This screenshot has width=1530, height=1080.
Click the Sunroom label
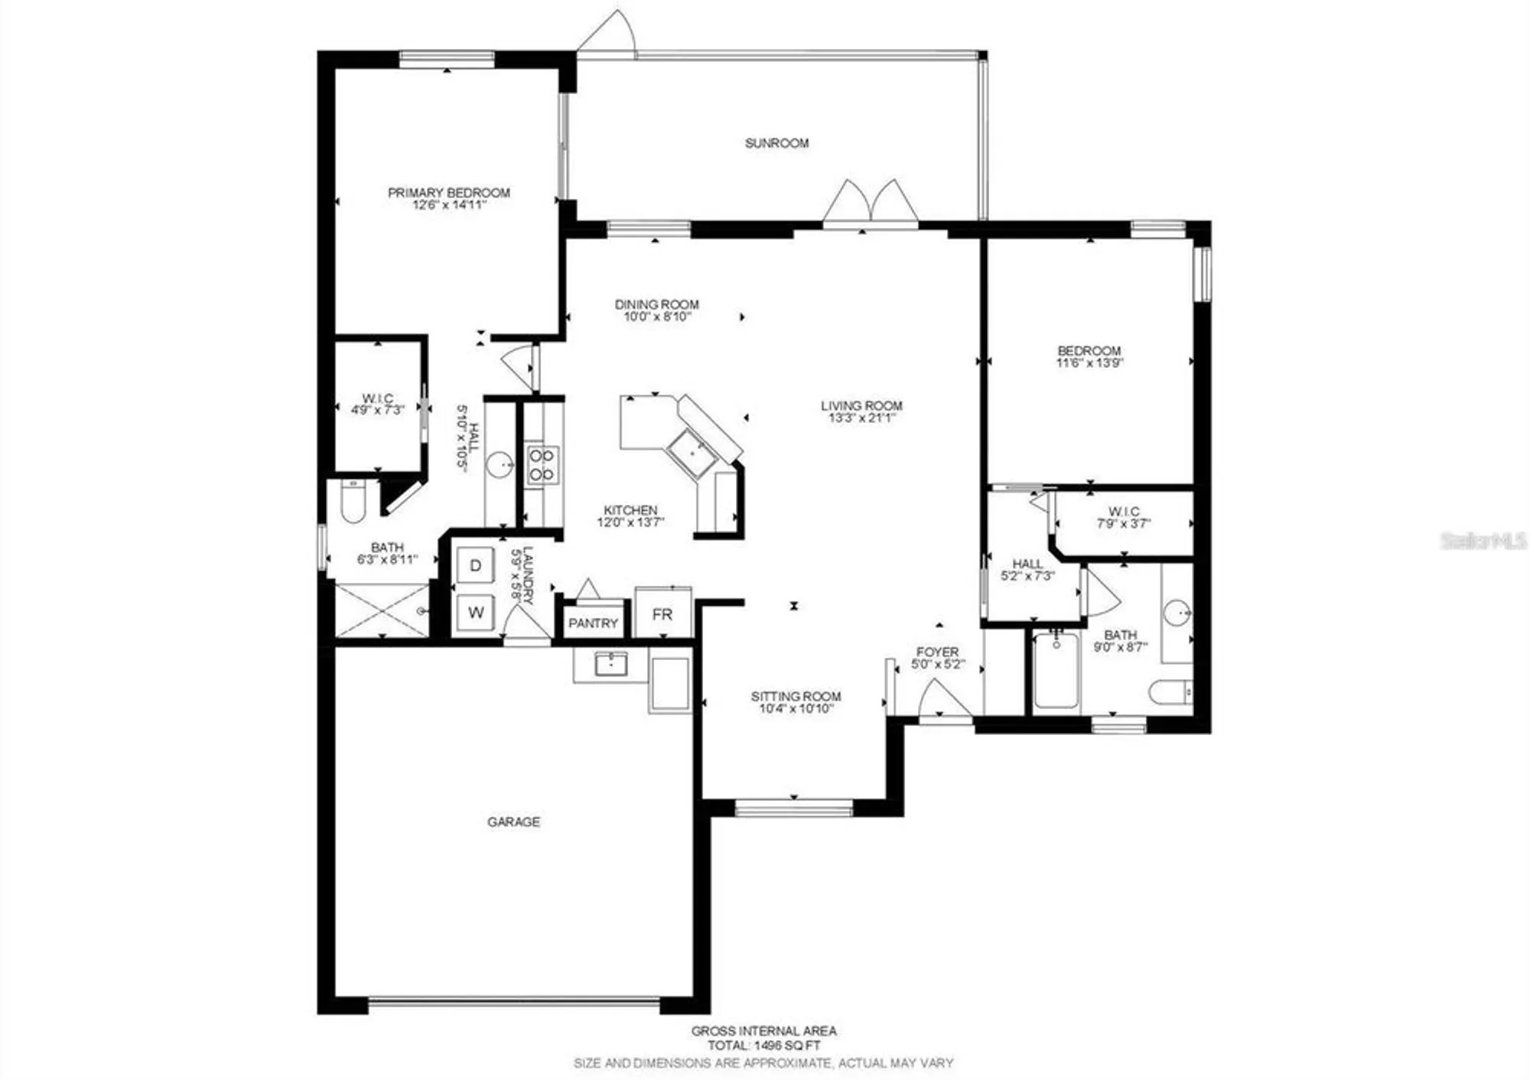[776, 143]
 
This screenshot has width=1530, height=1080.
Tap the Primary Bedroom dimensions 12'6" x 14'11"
[449, 205]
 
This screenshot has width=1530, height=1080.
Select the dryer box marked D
[475, 566]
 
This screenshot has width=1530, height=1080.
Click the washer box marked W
[476, 612]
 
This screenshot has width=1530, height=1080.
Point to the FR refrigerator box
[662, 614]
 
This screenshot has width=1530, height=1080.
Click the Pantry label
[593, 623]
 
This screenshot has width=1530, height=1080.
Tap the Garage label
[513, 821]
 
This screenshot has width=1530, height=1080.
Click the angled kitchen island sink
[692, 453]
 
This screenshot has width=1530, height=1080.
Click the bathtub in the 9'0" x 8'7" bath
[1056, 671]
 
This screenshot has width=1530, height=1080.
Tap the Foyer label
[937, 652]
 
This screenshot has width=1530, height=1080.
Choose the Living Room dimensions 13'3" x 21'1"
[861, 418]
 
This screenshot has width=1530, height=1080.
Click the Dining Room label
[656, 304]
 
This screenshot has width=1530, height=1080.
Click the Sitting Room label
[796, 696]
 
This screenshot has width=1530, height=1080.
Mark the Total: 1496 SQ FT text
[763, 1046]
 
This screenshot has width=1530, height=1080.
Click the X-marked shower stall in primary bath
[382, 610]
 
